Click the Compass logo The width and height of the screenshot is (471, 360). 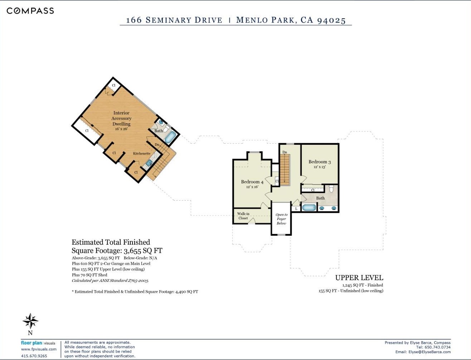tap(30, 11)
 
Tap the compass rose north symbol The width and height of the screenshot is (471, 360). tap(30, 321)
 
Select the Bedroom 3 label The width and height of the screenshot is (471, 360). tap(320, 162)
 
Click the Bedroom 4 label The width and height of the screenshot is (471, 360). tap(252, 182)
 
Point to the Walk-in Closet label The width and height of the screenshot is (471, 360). tap(243, 216)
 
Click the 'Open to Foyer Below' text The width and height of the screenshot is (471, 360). tap(281, 219)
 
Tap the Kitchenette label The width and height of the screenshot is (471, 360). tap(142, 153)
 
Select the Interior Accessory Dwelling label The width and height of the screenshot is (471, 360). tap(121, 118)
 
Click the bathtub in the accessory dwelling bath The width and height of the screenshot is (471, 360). tap(170, 137)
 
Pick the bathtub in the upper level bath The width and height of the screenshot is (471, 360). tap(309, 208)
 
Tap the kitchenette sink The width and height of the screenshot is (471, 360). tap(149, 163)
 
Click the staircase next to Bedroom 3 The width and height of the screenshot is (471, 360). tap(285, 169)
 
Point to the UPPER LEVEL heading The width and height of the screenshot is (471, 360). tap(359, 278)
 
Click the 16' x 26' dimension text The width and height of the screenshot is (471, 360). tap(121, 129)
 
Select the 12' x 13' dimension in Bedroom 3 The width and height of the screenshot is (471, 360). tap(320, 167)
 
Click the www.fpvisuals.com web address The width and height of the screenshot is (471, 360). tap(39, 349)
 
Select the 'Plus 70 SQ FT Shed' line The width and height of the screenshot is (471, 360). tap(89, 275)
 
